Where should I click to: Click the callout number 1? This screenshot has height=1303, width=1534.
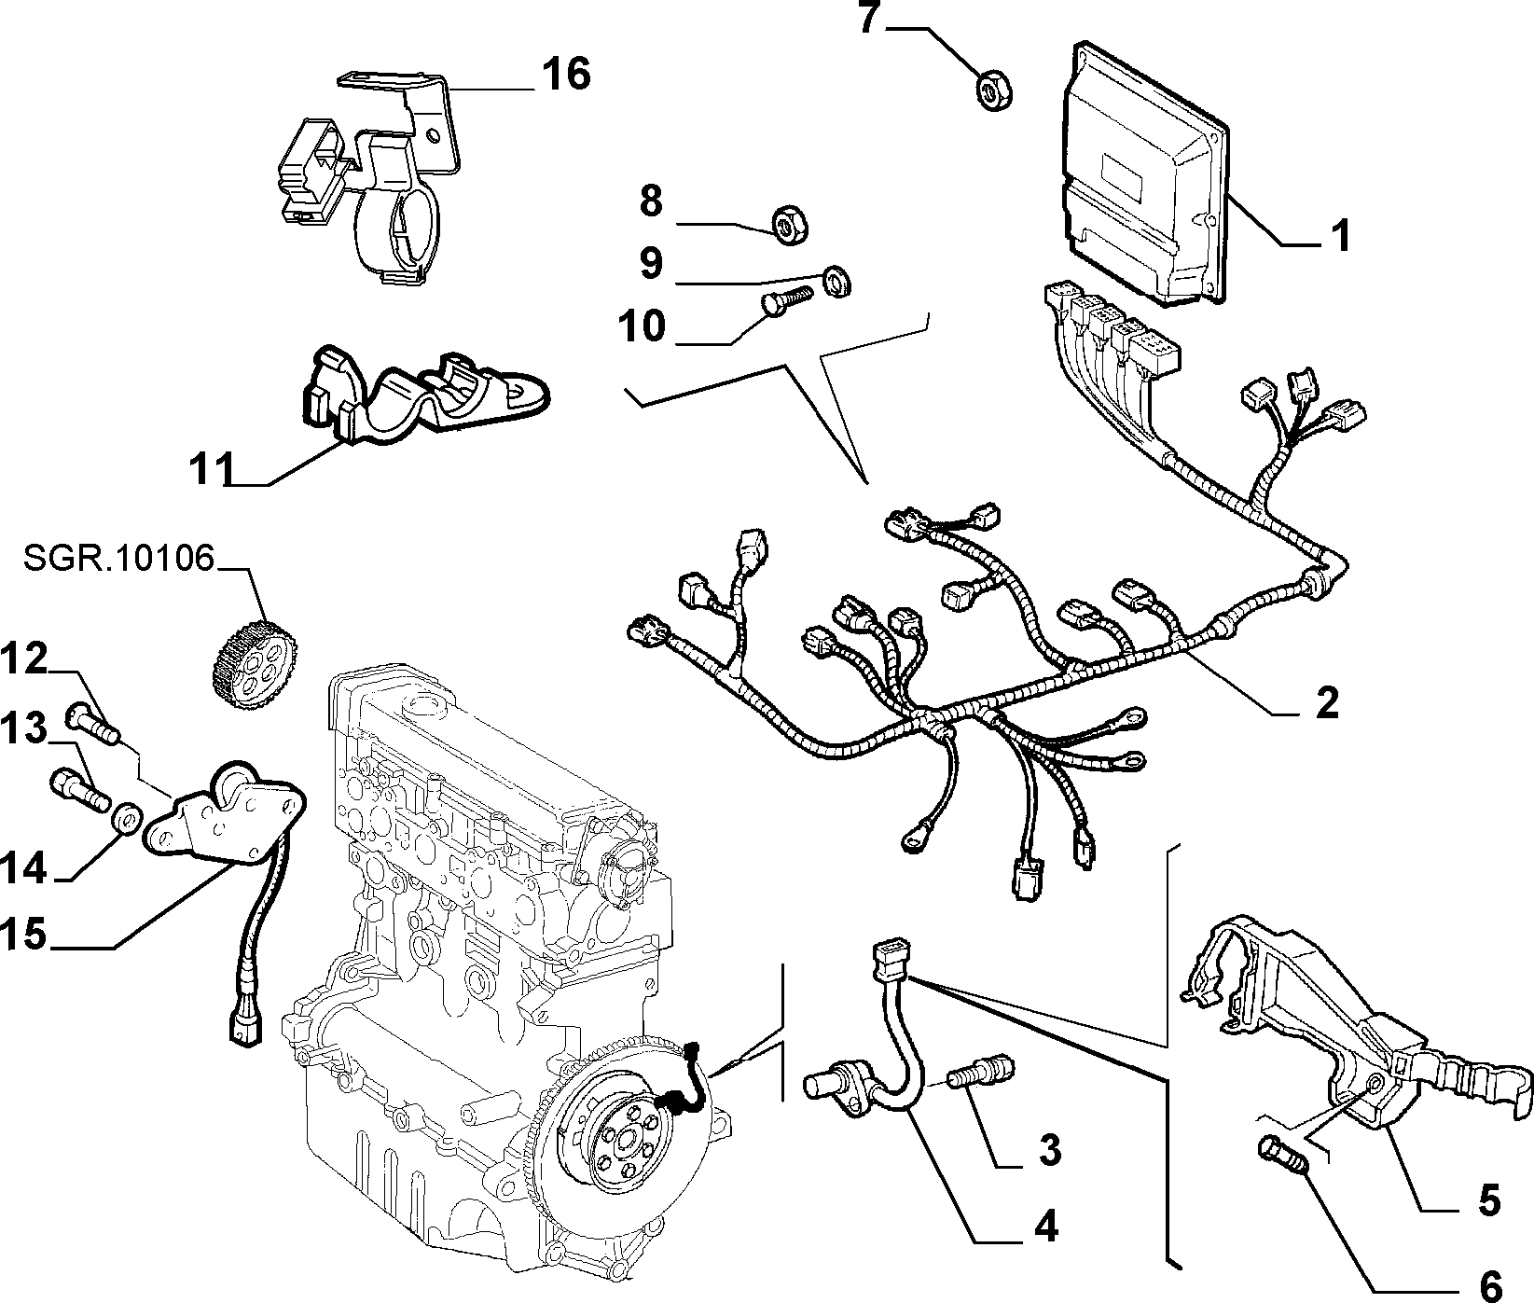tap(1339, 235)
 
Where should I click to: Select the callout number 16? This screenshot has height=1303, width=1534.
tap(566, 74)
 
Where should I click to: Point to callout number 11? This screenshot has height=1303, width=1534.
tap(210, 467)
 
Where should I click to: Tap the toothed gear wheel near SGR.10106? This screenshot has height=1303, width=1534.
tap(249, 653)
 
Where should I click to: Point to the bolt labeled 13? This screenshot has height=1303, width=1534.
tap(79, 787)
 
